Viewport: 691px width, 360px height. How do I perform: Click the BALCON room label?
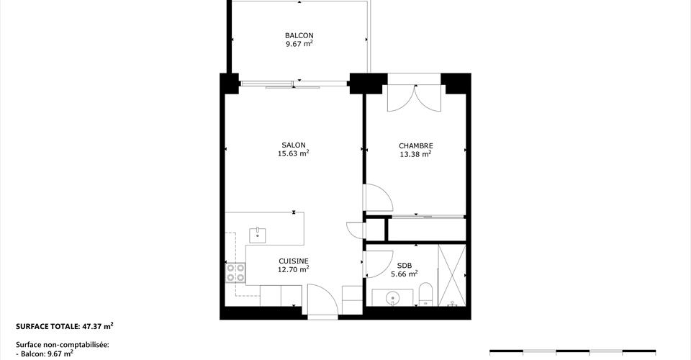[299, 35]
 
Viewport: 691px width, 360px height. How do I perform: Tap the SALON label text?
[294, 145]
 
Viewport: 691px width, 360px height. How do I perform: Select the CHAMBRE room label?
[415, 146]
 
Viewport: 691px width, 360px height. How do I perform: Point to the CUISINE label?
[294, 261]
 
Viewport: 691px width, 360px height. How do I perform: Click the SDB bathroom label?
[405, 266]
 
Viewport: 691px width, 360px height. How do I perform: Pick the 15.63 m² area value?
[294, 153]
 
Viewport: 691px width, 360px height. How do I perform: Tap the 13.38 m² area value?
[415, 154]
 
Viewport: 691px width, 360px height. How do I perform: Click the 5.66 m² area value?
[405, 274]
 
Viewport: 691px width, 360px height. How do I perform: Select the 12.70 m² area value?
[294, 269]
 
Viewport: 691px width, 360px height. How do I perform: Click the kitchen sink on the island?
[258, 235]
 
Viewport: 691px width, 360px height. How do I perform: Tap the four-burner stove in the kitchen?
[235, 272]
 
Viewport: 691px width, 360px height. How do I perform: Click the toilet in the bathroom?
[425, 294]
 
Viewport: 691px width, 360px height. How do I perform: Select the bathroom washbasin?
[392, 298]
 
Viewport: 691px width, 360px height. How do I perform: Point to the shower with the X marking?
[452, 275]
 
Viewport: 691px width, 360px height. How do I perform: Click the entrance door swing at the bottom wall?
[322, 300]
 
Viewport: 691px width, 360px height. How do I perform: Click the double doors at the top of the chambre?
[414, 98]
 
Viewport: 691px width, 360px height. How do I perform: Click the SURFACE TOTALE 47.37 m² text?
[65, 326]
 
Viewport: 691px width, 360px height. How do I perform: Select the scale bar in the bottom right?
[572, 351]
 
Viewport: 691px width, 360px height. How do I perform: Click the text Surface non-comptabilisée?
[62, 345]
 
